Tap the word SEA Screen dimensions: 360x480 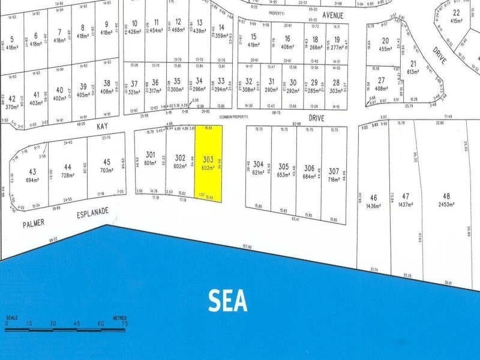tap(228, 301)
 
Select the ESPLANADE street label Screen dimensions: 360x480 tap(92, 212)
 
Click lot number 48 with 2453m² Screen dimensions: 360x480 tap(446, 200)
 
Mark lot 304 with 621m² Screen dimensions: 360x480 tap(259, 168)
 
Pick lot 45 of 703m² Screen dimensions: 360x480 tap(107, 166)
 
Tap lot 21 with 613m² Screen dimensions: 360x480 tap(413, 67)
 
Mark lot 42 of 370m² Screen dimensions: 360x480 tap(12, 102)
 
